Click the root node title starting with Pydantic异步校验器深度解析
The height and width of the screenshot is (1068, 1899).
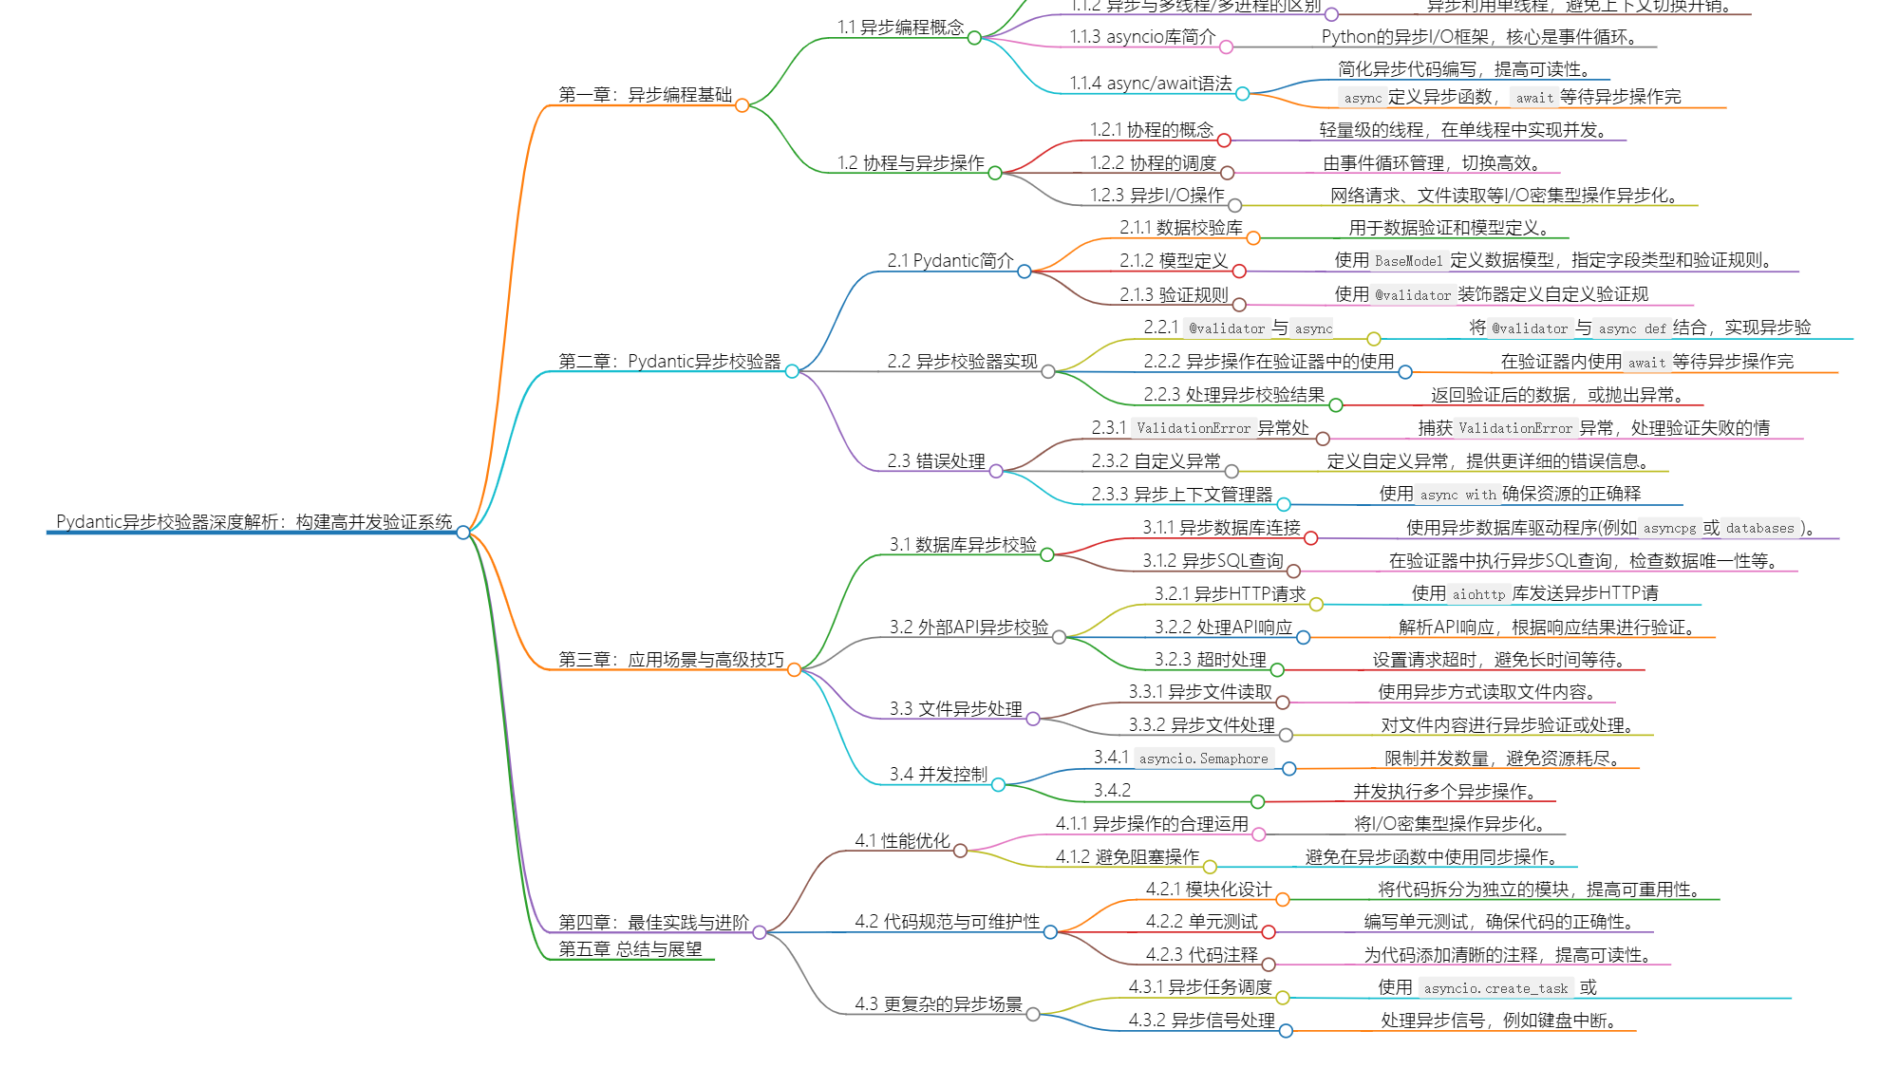[x=254, y=522]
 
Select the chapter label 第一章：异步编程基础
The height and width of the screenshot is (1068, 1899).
[x=646, y=95]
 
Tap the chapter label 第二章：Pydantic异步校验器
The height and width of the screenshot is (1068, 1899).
[x=669, y=362]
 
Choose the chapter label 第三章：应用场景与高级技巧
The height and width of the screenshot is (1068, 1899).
[x=671, y=660]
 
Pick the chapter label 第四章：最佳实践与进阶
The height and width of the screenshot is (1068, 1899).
[x=653, y=923]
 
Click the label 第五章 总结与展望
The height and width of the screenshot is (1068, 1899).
[x=630, y=949]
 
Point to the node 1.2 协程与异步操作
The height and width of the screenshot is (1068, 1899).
[x=911, y=163]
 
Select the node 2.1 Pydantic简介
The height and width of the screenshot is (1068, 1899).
[x=950, y=261]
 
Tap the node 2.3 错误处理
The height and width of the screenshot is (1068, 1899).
[x=936, y=461]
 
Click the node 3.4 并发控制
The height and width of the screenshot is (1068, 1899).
[x=938, y=775]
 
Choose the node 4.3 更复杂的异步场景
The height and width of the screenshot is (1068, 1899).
[x=938, y=1004]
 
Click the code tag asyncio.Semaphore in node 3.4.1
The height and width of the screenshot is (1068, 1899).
[x=1204, y=759]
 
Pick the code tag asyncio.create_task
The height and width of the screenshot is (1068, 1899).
[x=1495, y=988]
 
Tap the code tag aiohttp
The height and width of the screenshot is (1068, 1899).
[x=1478, y=594]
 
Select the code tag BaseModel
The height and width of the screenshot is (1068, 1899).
[x=1408, y=261]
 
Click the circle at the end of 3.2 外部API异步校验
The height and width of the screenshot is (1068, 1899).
[x=1059, y=637]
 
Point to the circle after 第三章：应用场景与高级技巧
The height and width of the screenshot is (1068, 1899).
[x=794, y=670]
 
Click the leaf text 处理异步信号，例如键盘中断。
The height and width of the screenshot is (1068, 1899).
[x=1499, y=1021]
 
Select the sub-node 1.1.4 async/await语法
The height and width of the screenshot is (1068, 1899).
[x=1151, y=84]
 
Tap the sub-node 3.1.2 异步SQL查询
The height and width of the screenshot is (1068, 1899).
[x=1213, y=561]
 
